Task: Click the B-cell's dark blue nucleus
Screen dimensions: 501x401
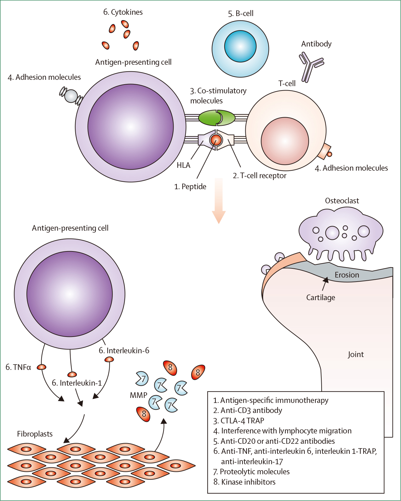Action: (x=240, y=46)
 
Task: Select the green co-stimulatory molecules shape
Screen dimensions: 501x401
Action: (x=217, y=118)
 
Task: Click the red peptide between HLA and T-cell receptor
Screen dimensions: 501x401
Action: (x=216, y=139)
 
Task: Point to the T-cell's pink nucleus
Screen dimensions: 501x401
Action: (x=285, y=141)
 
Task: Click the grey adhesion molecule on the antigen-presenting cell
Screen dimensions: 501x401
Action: (x=71, y=96)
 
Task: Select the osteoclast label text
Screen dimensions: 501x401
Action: (x=342, y=201)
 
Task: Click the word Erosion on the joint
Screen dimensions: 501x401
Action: (x=347, y=275)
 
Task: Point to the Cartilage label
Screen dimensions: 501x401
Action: (x=321, y=297)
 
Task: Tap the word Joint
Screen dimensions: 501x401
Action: (x=356, y=354)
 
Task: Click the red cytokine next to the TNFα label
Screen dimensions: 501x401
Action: (x=42, y=367)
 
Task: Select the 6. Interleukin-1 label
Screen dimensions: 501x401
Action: (x=77, y=383)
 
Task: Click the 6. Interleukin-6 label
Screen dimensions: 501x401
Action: (x=124, y=350)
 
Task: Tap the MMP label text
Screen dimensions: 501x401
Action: (x=138, y=395)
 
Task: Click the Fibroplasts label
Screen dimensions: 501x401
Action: (x=35, y=434)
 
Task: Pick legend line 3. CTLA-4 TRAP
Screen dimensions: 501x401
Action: (x=239, y=421)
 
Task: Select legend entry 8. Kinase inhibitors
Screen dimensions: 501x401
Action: (x=244, y=482)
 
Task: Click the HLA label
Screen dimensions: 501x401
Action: (x=183, y=165)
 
